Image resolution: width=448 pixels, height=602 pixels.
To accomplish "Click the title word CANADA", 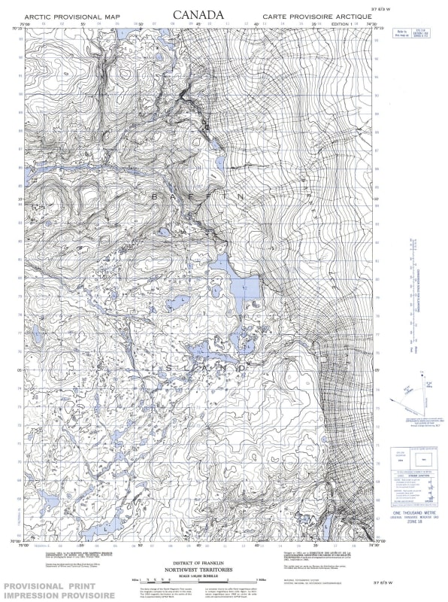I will (x=198, y=14).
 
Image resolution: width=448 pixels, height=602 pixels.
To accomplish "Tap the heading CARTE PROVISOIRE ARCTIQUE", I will (x=317, y=16).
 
